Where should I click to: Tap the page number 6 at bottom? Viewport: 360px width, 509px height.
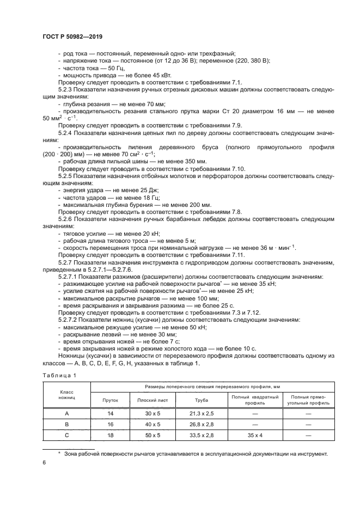pyautogui.click(x=44, y=462)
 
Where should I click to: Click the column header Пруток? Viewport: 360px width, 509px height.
pyautogui.click(x=110, y=400)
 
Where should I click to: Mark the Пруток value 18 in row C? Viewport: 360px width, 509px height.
pyautogui.click(x=110, y=435)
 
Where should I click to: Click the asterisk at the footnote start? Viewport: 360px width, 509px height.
pyautogui.click(x=59, y=452)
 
